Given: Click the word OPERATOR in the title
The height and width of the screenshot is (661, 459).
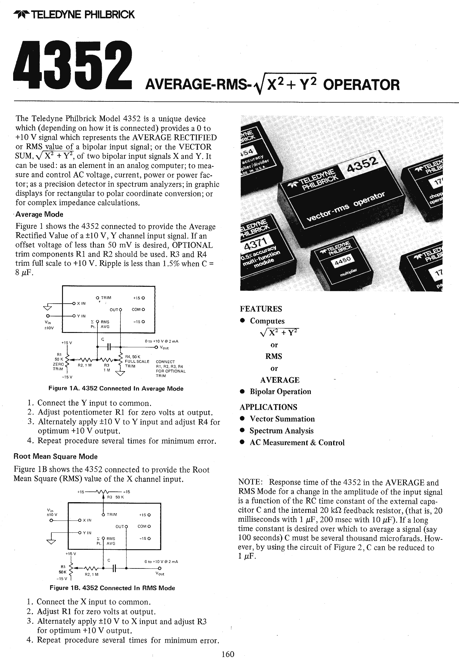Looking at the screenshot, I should coord(361,85).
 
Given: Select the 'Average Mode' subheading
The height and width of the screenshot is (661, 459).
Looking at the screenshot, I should coord(39,214).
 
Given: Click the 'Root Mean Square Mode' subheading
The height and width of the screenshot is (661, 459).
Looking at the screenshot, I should coord(56,457).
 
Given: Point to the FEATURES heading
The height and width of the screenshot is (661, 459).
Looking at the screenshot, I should coord(261,309).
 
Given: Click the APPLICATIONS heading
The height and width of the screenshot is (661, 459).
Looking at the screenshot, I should coord(268,407).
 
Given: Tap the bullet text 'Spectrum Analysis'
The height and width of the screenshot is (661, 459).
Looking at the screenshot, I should coord(281,431).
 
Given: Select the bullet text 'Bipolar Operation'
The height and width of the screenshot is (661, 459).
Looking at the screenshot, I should coord(280,392).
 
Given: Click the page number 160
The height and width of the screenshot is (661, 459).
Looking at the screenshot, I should coord(228,654).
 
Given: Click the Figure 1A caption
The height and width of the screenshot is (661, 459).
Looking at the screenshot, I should coord(116,389).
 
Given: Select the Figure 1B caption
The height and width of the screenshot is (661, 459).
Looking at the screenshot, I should coord(112,588).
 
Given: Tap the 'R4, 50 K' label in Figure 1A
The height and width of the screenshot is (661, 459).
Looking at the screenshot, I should coord(133,356).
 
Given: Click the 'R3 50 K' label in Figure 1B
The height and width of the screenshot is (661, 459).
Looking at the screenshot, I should coord(115,497).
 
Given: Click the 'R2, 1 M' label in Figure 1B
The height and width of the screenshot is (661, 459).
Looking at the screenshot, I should coord(91,574).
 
